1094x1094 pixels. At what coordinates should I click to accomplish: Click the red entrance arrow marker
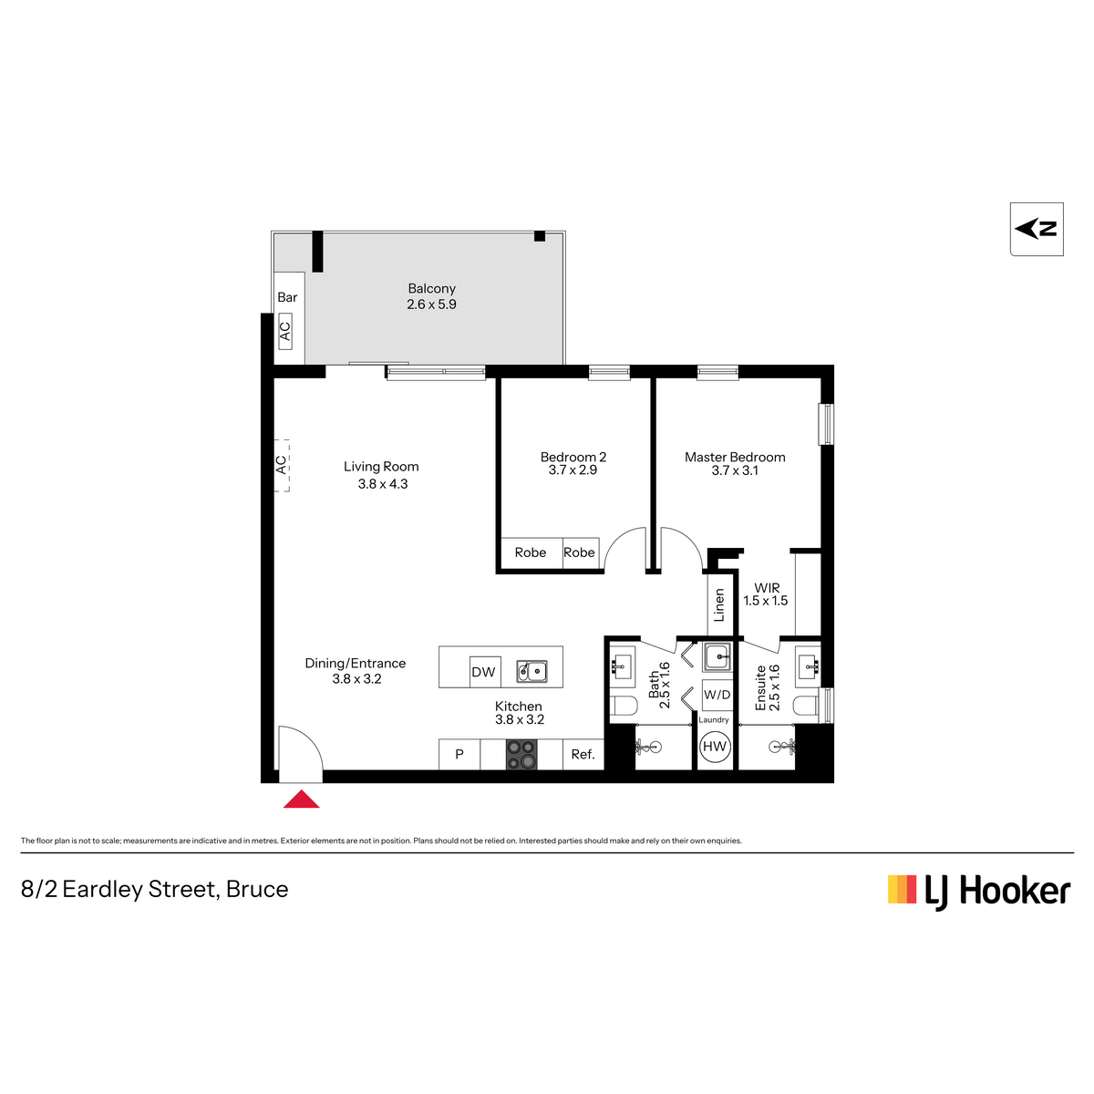tap(301, 799)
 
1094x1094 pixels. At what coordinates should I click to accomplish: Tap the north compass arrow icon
tap(1036, 230)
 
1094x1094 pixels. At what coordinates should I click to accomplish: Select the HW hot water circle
tap(714, 747)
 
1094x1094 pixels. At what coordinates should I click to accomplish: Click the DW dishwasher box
tap(484, 672)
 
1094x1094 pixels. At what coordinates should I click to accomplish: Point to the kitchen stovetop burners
tap(521, 755)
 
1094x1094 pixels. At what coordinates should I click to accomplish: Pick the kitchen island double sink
tap(532, 671)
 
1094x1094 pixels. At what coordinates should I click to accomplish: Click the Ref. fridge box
tap(583, 755)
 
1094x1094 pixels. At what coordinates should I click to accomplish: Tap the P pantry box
tap(459, 755)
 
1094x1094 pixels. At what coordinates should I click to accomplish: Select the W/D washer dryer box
tap(717, 695)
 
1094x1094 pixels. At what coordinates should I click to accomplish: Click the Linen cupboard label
tap(719, 604)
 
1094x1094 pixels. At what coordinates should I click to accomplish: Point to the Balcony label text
tap(431, 288)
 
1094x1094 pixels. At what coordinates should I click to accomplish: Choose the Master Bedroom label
tap(735, 457)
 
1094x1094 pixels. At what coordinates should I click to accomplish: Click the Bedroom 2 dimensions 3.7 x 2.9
tap(573, 470)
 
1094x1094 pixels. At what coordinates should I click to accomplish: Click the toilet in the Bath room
tap(624, 707)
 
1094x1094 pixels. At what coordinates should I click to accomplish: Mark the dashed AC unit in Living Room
tap(282, 465)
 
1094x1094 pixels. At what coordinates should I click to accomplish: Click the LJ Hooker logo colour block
tap(903, 889)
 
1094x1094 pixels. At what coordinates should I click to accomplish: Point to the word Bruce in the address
tap(257, 889)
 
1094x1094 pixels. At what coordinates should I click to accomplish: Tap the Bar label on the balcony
tap(287, 297)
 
